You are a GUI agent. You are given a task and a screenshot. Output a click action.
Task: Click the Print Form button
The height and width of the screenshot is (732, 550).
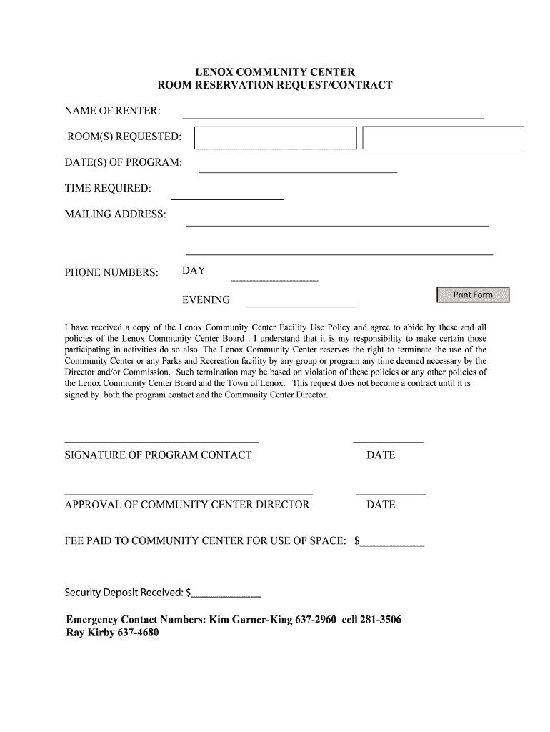coord(473,295)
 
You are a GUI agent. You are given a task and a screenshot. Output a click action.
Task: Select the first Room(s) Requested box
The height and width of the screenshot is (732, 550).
coord(276,137)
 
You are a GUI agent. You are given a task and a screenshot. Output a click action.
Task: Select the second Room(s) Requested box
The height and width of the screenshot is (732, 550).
coord(443,137)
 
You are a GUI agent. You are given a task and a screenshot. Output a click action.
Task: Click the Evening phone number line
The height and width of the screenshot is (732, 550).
coord(301,305)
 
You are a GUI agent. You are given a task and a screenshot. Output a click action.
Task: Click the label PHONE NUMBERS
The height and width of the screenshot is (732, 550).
coord(111,272)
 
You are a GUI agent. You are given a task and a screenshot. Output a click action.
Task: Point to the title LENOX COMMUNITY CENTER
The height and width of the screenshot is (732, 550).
coord(275,72)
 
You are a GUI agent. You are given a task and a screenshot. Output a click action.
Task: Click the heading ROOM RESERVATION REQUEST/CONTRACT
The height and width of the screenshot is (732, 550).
coord(275,86)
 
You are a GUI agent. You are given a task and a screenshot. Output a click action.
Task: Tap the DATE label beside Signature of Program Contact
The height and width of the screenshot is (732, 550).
coord(380,455)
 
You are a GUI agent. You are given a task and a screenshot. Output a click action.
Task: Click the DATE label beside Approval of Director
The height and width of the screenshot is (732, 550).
coord(380,505)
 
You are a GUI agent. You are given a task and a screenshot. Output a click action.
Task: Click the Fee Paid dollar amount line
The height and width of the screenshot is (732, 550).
coord(392,545)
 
